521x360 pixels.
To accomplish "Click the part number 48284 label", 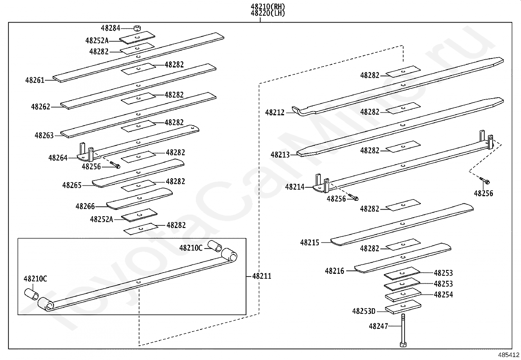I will pyautogui.click(x=110, y=28).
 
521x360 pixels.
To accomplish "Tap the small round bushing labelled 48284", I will pyautogui.click(x=137, y=28).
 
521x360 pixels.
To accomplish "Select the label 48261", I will pyautogui.click(x=35, y=80).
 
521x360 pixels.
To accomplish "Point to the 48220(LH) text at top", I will pyautogui.click(x=268, y=13).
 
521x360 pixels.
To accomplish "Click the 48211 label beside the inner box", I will pyautogui.click(x=262, y=276).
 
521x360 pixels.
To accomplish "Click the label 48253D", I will pyautogui.click(x=364, y=311).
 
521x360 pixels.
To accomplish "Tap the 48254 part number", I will pyautogui.click(x=443, y=294).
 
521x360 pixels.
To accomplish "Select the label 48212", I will pyautogui.click(x=275, y=113).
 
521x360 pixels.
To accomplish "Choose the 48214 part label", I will pyautogui.click(x=295, y=187).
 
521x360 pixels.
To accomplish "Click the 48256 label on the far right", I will pyautogui.click(x=483, y=193).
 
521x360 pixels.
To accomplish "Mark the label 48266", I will pyautogui.click(x=85, y=206).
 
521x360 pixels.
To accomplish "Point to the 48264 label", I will pyautogui.click(x=58, y=158).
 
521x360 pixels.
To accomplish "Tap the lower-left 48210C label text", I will pyautogui.click(x=35, y=279).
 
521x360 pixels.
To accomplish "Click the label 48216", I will pyautogui.click(x=334, y=271).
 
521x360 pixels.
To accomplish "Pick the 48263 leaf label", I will pyautogui.click(x=44, y=135).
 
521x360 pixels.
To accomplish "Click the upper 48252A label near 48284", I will pyautogui.click(x=97, y=41).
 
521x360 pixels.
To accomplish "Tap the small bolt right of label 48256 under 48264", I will pyautogui.click(x=115, y=165).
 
